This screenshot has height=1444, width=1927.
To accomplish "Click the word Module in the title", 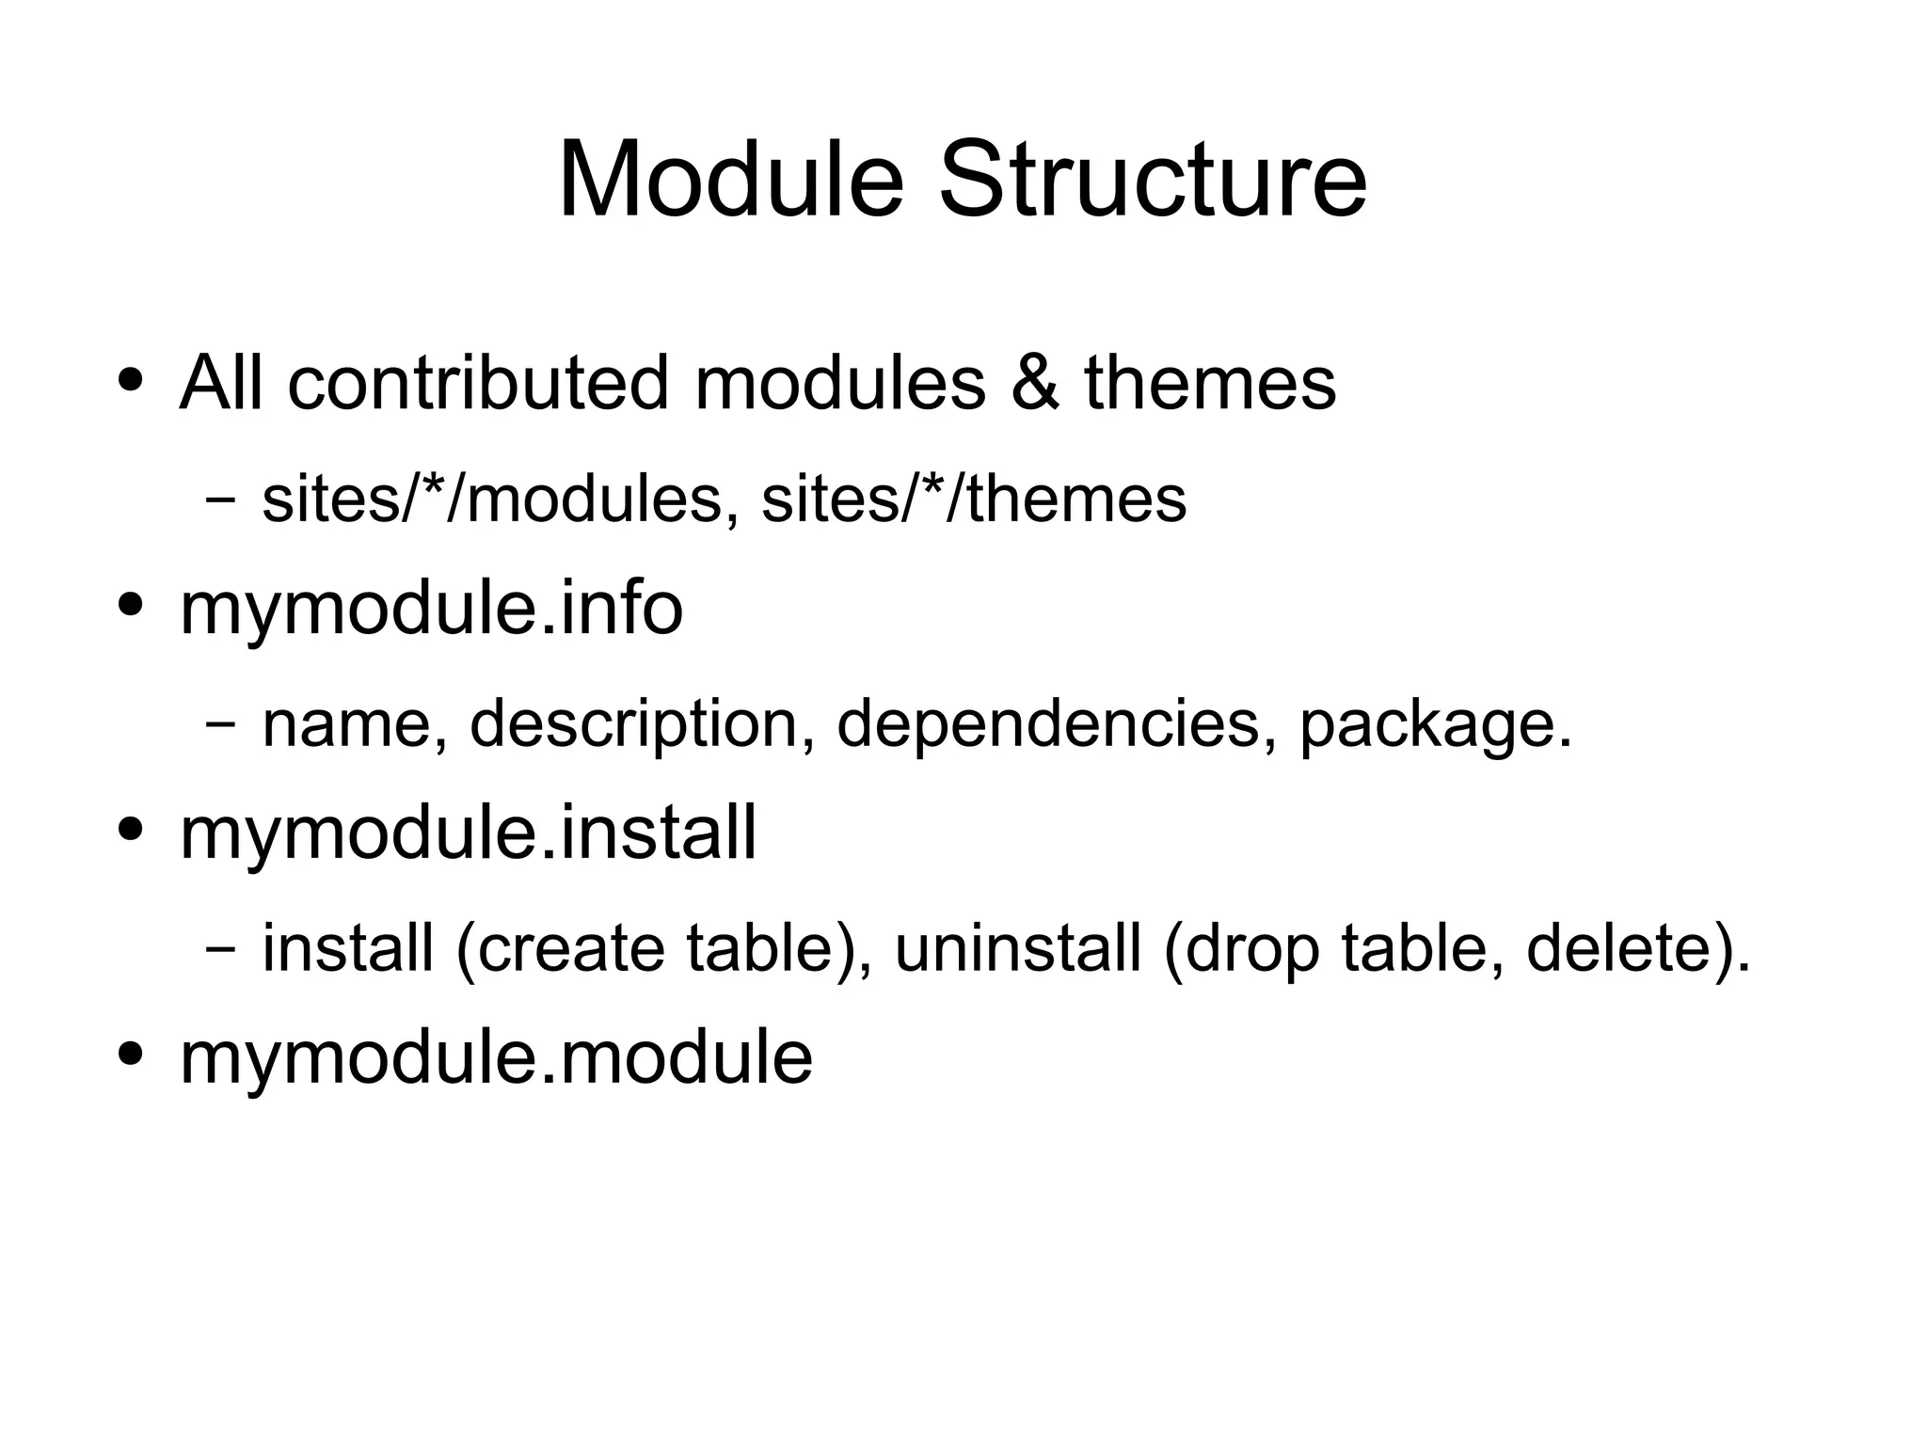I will pos(731,179).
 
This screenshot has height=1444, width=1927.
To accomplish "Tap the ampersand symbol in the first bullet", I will pos(1035,383).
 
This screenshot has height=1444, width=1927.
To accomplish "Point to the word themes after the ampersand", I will pos(1210,383).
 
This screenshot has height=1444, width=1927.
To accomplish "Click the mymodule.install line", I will pos(468,833).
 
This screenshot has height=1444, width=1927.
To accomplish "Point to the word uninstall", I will pos(1018,948).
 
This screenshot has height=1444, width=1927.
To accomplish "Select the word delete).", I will pos(1638,948).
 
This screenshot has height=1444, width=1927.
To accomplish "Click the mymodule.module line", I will pos(496,1058).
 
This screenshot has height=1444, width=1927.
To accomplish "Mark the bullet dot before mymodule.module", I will pos(131,1053).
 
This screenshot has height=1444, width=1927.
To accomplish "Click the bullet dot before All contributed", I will pos(131,379).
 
